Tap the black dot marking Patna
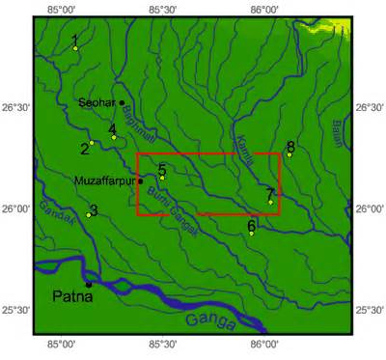pyautogui.click(x=89, y=284)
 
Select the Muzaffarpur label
pyautogui.click(x=105, y=179)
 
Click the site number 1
pyautogui.click(x=74, y=39)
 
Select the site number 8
pyautogui.click(x=290, y=146)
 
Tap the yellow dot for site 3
pyautogui.click(x=88, y=214)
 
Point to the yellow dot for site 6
pyautogui.click(x=251, y=233)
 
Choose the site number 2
pyautogui.click(x=84, y=148)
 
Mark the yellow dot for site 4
pyautogui.click(x=114, y=137)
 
